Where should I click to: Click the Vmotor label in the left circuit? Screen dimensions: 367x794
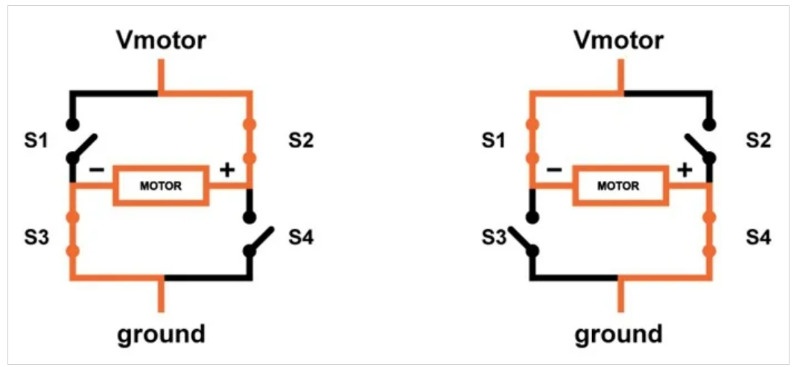pyautogui.click(x=160, y=41)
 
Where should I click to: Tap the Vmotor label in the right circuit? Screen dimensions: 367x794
pyautogui.click(x=618, y=41)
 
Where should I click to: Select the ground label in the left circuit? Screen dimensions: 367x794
pyautogui.click(x=161, y=334)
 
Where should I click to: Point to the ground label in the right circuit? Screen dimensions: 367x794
pyautogui.click(x=618, y=334)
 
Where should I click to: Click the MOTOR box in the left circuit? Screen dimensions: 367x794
pyautogui.click(x=160, y=185)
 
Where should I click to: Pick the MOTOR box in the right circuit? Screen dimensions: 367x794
pyautogui.click(x=619, y=185)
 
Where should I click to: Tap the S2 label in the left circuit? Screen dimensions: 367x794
pyautogui.click(x=299, y=140)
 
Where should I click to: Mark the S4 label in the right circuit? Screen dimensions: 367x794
pyautogui.click(x=758, y=239)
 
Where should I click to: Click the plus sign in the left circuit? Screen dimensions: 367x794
pyautogui.click(x=227, y=170)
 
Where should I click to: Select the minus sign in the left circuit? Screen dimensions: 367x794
pyautogui.click(x=97, y=170)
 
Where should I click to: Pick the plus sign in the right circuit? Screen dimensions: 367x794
pyautogui.click(x=685, y=170)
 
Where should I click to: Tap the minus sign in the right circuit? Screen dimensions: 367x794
pyautogui.click(x=554, y=170)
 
